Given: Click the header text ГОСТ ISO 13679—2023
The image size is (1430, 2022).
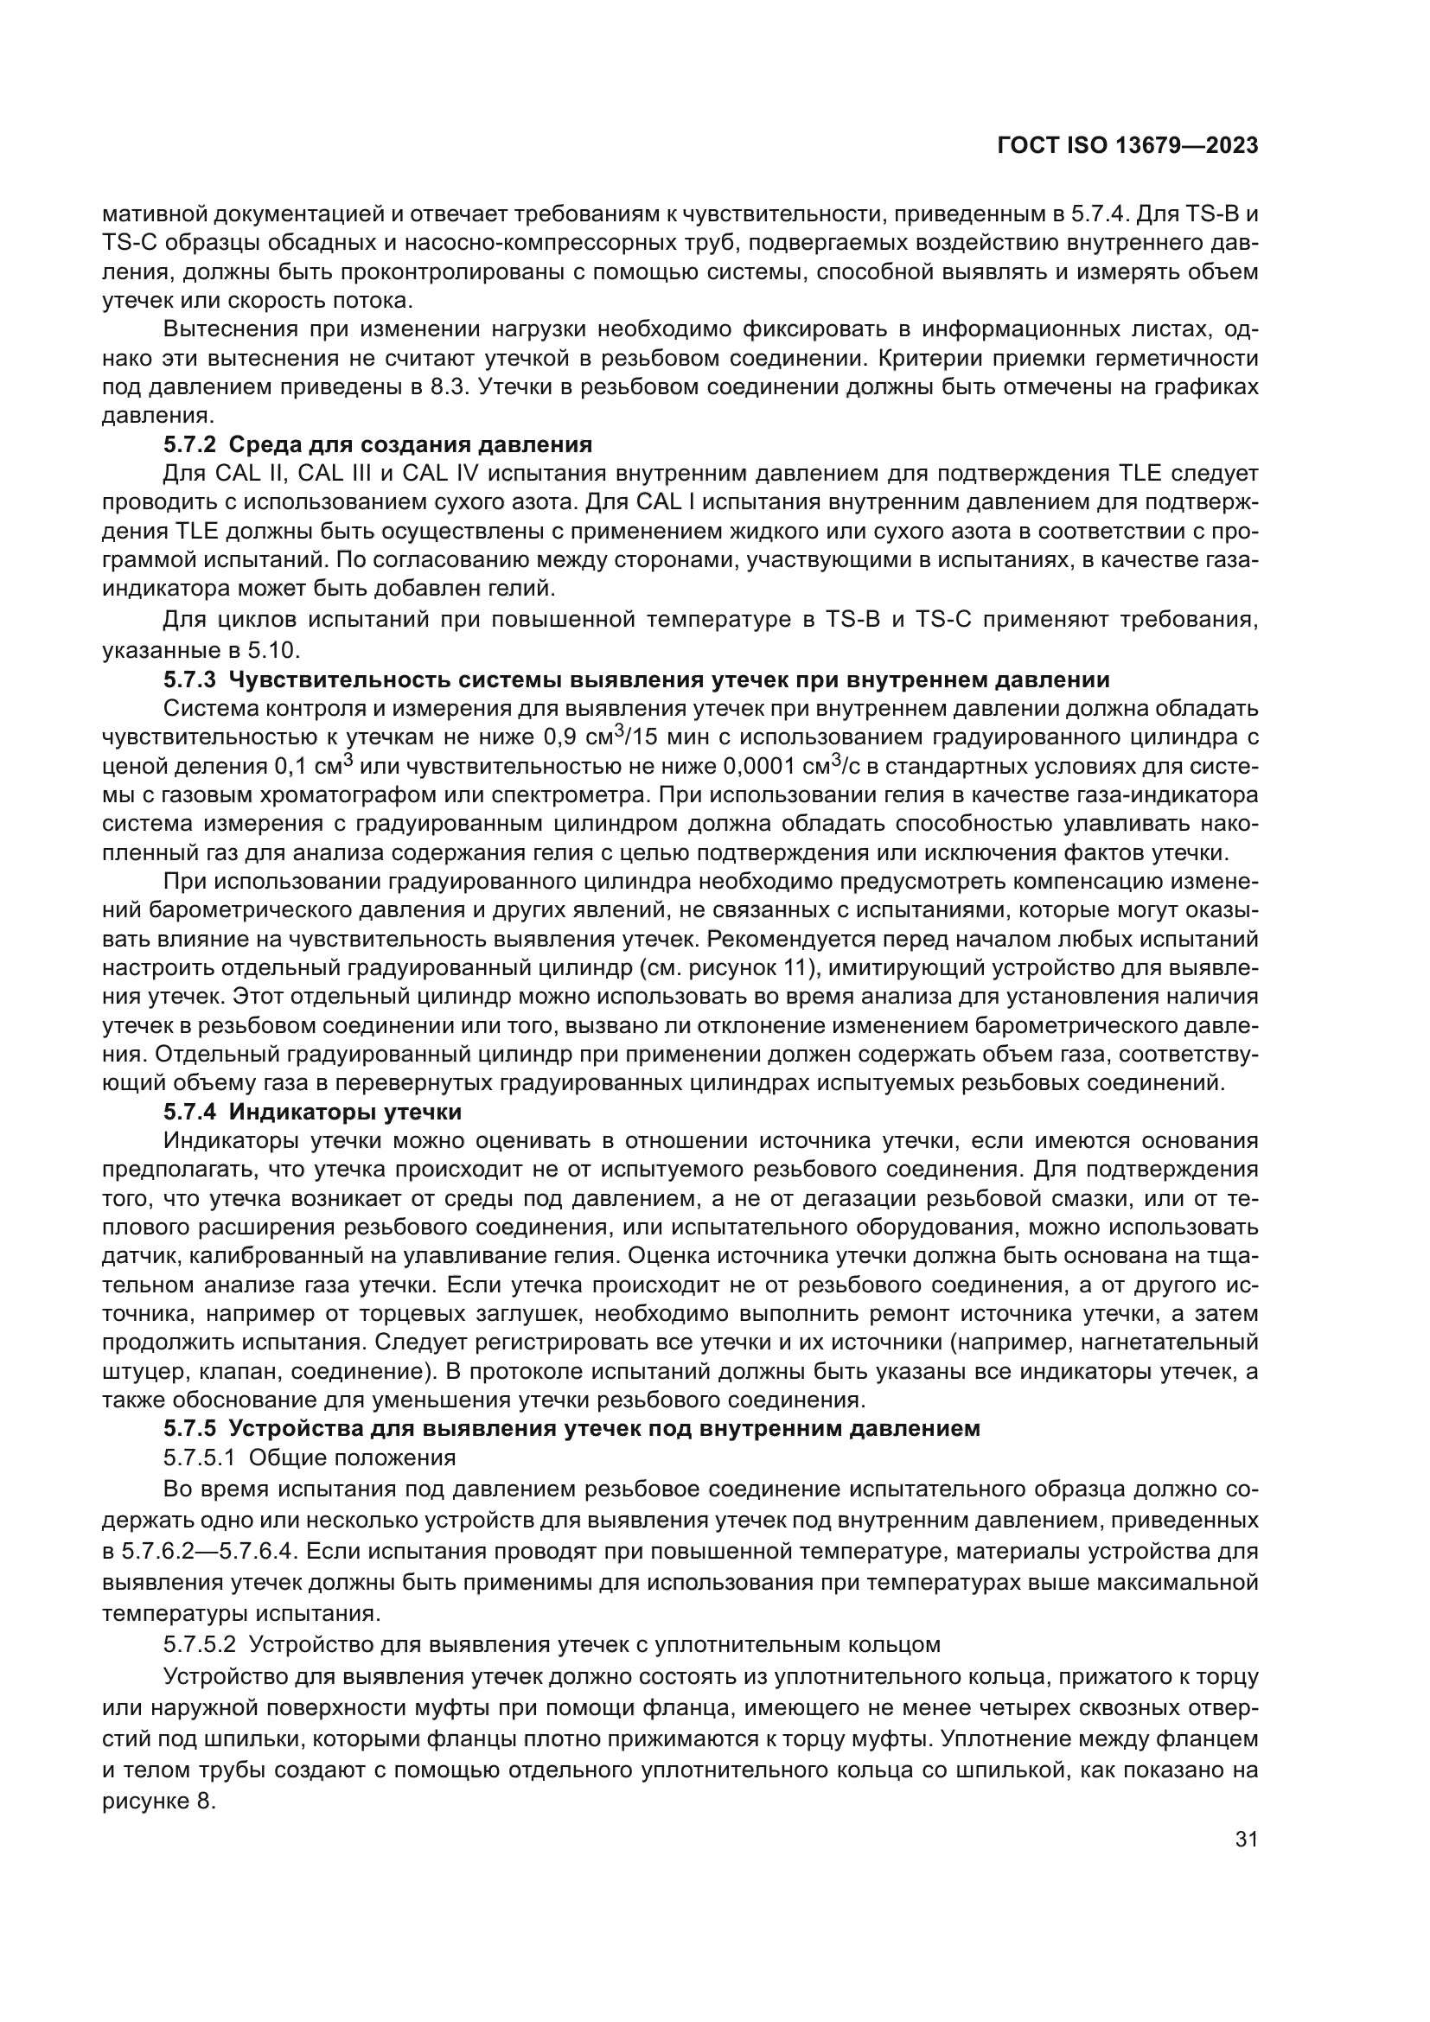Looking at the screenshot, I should pyautogui.click(x=1127, y=145).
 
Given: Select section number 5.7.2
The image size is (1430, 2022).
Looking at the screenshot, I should pyautogui.click(x=191, y=443).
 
